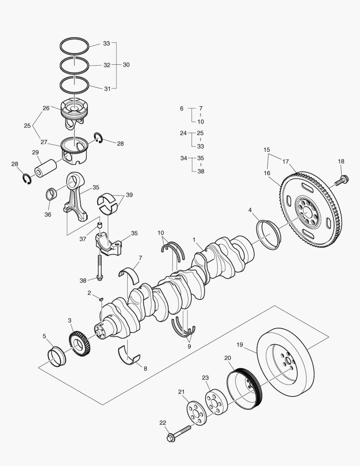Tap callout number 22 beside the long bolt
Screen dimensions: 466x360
[162, 422]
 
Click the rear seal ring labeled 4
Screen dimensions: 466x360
[269, 234]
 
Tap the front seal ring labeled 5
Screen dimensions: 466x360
[57, 356]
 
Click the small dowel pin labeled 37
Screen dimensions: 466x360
[99, 225]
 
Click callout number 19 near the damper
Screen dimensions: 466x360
[240, 344]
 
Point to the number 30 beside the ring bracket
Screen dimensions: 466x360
[126, 64]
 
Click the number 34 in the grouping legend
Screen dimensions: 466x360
[183, 158]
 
